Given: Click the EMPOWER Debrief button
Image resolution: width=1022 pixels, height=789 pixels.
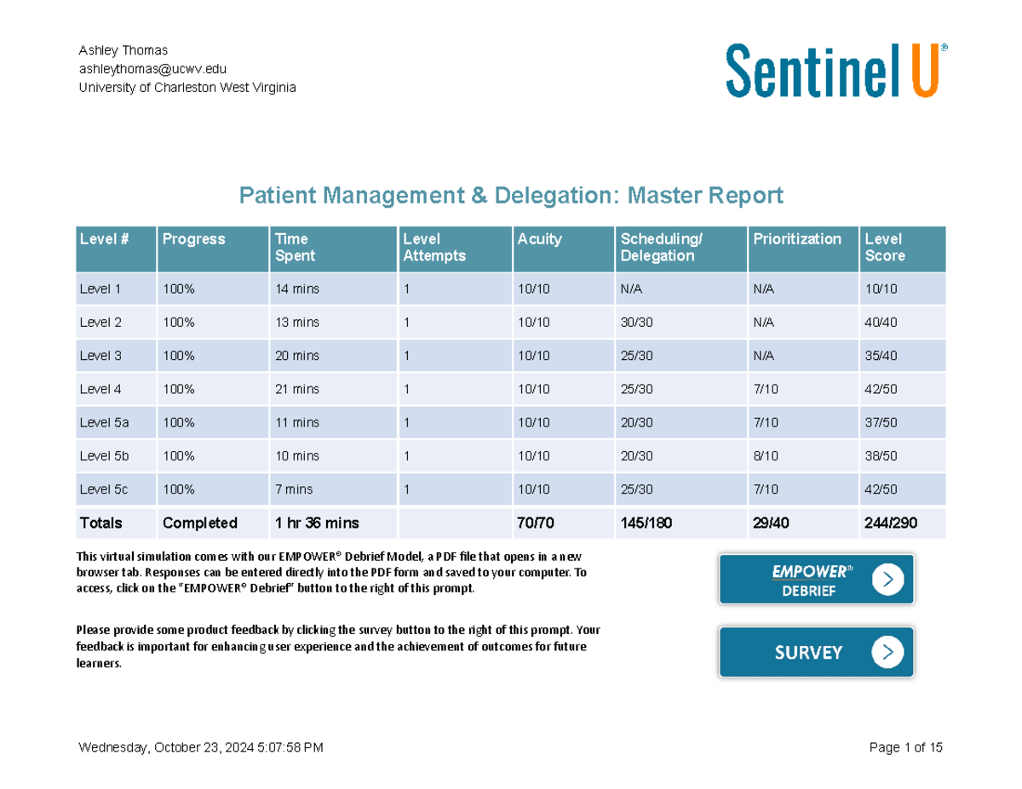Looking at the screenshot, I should click(816, 580).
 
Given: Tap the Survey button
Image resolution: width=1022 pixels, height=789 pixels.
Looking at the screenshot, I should click(816, 652).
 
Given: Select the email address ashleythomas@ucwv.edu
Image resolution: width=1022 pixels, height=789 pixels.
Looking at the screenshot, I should click(152, 69).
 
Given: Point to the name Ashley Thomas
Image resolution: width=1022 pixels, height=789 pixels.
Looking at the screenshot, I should click(123, 50).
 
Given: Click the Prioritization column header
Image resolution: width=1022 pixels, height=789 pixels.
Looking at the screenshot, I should click(797, 239).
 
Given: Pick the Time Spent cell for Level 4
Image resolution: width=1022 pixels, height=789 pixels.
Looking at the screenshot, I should click(297, 389).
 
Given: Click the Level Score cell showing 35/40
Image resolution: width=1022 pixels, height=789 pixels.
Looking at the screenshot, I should click(881, 356).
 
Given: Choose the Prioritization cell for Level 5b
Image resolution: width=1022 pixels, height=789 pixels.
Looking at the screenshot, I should click(766, 456).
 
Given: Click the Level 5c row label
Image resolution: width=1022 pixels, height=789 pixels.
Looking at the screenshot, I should click(104, 489).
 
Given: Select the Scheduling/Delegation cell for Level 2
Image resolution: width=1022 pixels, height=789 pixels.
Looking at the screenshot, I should click(638, 323).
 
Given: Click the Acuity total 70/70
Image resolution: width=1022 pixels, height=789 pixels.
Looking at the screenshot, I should click(536, 523).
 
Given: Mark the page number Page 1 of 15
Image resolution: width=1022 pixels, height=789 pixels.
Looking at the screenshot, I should click(905, 748).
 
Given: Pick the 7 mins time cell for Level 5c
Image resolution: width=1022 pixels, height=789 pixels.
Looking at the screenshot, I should click(294, 489).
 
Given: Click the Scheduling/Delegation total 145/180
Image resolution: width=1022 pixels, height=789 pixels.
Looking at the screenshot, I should click(646, 523).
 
